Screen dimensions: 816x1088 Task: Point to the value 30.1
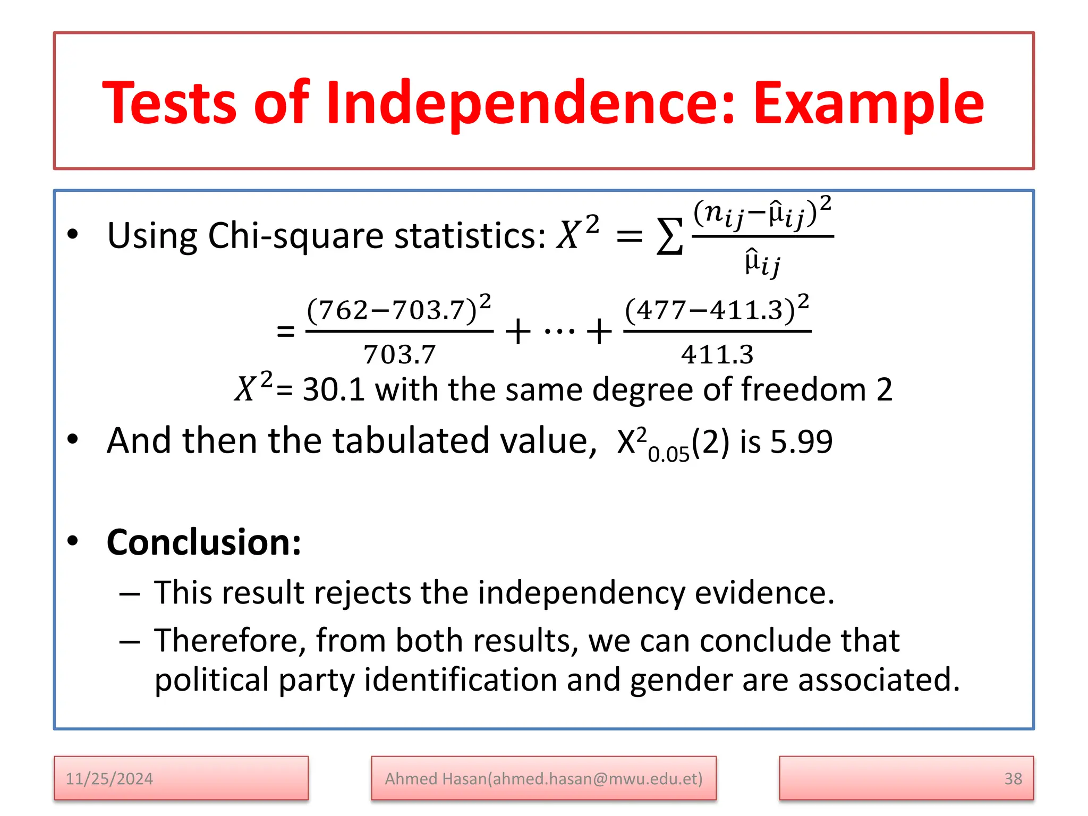click(x=334, y=389)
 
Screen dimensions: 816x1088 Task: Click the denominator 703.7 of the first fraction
click(x=399, y=354)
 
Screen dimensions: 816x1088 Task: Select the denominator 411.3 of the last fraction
click(x=717, y=354)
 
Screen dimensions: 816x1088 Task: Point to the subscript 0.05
click(x=668, y=454)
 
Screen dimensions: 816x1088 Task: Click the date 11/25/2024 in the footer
click(x=109, y=779)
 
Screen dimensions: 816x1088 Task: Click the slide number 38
click(x=1013, y=779)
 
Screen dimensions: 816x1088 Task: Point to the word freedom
click(x=804, y=389)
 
